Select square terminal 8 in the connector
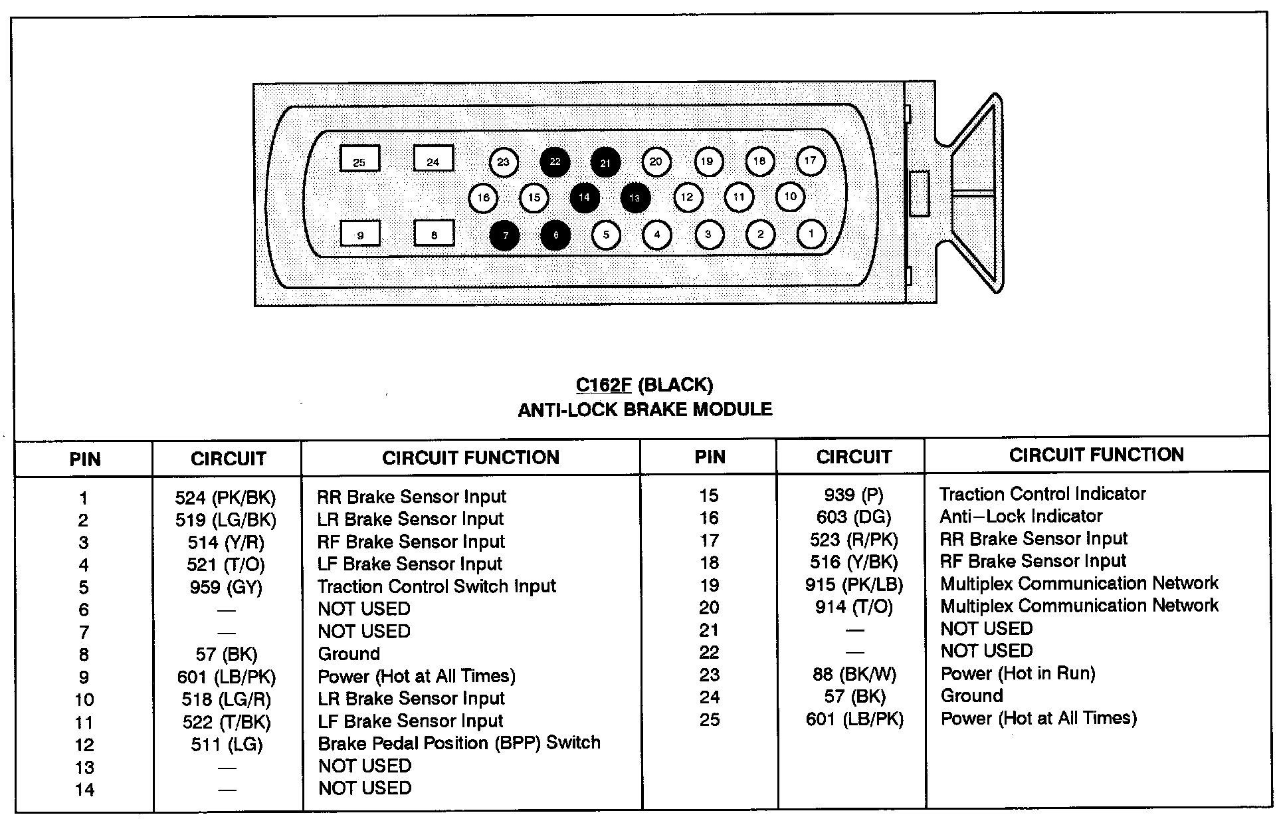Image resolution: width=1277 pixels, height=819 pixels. point(433,233)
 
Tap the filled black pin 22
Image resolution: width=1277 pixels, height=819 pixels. point(555,162)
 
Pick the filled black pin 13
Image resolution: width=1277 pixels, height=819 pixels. point(635,197)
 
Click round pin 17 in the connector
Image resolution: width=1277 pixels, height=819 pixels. point(810,160)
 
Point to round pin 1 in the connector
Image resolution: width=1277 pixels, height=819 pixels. point(811,233)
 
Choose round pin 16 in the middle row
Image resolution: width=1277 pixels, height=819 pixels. point(483,197)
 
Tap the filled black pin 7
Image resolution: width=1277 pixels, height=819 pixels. point(504,235)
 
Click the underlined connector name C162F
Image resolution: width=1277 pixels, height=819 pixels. point(603,385)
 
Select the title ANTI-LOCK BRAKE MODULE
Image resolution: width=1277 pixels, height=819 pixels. point(644,409)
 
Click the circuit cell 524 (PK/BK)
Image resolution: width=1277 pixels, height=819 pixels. point(225,497)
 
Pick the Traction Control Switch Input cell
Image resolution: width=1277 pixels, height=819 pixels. point(437,586)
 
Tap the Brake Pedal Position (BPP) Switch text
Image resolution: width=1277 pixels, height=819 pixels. point(459,743)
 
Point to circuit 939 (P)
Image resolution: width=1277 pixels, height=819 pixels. point(854,495)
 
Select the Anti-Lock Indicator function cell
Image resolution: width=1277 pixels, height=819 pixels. point(1021,516)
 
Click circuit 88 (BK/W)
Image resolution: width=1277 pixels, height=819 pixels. point(854,674)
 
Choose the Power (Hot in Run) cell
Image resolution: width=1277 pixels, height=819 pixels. point(1018,673)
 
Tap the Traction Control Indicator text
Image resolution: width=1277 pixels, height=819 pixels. point(1042,494)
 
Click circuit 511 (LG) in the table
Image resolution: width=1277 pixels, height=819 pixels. point(227,745)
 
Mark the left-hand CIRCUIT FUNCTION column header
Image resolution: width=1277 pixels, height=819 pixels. point(470,457)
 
